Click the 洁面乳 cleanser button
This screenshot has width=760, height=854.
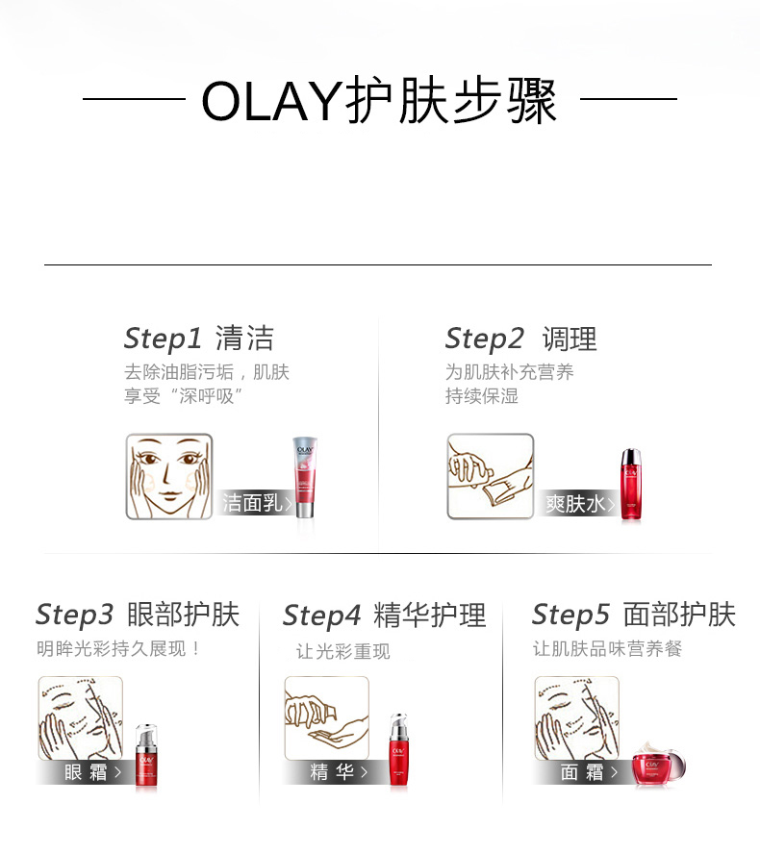pos(256,503)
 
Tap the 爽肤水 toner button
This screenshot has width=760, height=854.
pos(578,503)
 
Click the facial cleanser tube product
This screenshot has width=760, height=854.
pos(305,477)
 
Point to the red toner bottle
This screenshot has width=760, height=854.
pos(631,485)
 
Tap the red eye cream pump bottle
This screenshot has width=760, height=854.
pos(146,755)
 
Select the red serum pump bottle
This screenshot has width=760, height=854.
pos(398,749)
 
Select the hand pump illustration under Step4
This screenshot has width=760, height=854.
pos(327,717)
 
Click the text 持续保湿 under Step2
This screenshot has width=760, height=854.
pos(482,396)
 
